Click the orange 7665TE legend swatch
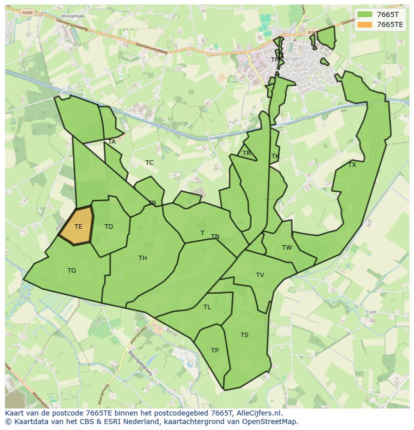(365, 24)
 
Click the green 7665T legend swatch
(365, 14)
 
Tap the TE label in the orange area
(78, 227)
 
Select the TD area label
(108, 227)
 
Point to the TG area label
(72, 271)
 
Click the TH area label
(142, 258)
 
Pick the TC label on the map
(149, 163)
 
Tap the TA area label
(112, 142)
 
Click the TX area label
(352, 165)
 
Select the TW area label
(286, 248)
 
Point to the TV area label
(260, 275)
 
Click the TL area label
(207, 307)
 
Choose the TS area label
(244, 335)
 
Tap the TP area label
(214, 351)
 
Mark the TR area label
(246, 153)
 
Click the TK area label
(275, 156)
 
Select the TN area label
(215, 237)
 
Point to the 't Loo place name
(370, 312)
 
